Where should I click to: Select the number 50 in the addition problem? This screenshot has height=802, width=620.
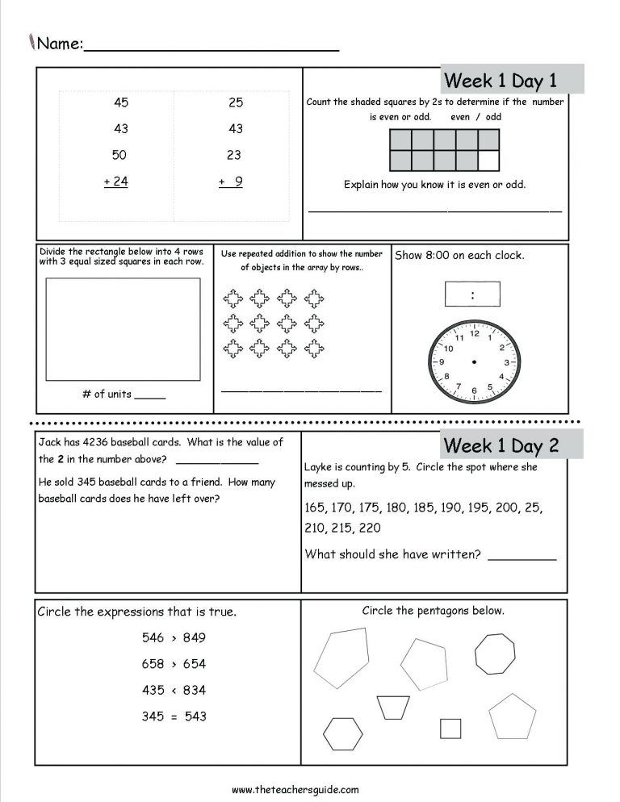point(119,155)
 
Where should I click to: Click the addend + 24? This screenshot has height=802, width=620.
point(116,182)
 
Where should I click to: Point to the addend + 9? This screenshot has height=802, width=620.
point(232,182)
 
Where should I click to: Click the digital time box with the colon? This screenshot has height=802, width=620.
point(472,294)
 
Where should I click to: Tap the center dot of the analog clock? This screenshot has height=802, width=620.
point(472,361)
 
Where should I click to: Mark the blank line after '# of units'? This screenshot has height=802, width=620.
point(149,395)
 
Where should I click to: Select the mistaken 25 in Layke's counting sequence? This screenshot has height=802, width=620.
point(534,508)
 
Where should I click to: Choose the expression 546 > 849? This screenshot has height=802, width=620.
point(174,637)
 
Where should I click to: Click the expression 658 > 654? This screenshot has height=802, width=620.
point(174,664)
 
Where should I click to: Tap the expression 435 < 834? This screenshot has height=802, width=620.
point(174,690)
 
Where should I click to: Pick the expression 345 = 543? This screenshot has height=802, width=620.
point(174,716)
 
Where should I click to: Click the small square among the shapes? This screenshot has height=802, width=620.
point(450,729)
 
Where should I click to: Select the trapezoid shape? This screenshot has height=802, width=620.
point(393,707)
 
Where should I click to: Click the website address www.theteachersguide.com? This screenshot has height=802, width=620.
point(295,790)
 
